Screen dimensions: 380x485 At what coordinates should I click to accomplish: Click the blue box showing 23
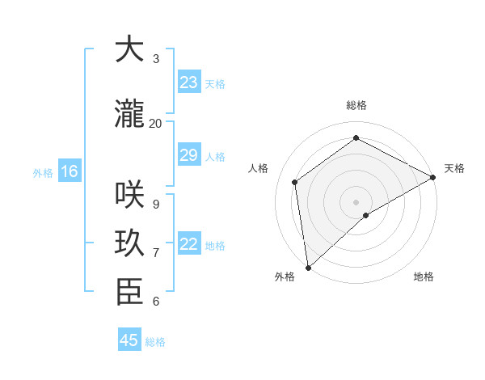coord(188,82)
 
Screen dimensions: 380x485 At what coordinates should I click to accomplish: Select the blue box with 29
coord(188,155)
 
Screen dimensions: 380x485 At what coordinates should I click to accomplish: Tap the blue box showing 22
coord(188,244)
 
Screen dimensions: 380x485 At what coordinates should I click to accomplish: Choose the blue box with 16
coord(69,171)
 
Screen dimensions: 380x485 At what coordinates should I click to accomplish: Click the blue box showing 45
coord(129,340)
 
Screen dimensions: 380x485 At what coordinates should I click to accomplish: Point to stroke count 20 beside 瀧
coord(155,123)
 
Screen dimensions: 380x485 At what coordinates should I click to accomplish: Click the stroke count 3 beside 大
coord(155,59)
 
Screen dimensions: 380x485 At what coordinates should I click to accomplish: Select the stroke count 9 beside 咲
coord(155,204)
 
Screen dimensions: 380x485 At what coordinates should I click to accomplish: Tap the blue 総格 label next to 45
coord(155,342)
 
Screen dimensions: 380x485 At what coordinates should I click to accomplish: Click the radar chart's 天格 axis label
coord(454,168)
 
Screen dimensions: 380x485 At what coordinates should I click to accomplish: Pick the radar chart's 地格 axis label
coord(424,277)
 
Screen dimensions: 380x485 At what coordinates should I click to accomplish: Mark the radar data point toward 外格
coord(308,267)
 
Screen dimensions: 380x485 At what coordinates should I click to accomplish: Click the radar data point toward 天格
coord(432,177)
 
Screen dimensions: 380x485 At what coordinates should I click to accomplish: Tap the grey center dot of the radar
coord(356,201)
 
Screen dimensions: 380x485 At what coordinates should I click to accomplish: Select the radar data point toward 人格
coord(295,182)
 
